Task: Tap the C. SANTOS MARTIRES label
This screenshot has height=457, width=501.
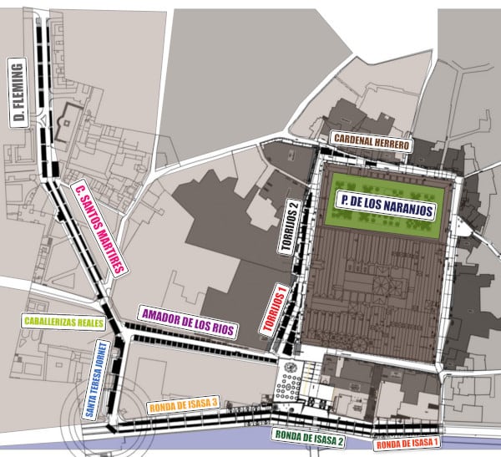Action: (99, 228)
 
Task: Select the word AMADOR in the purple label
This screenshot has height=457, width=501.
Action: (160, 316)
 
